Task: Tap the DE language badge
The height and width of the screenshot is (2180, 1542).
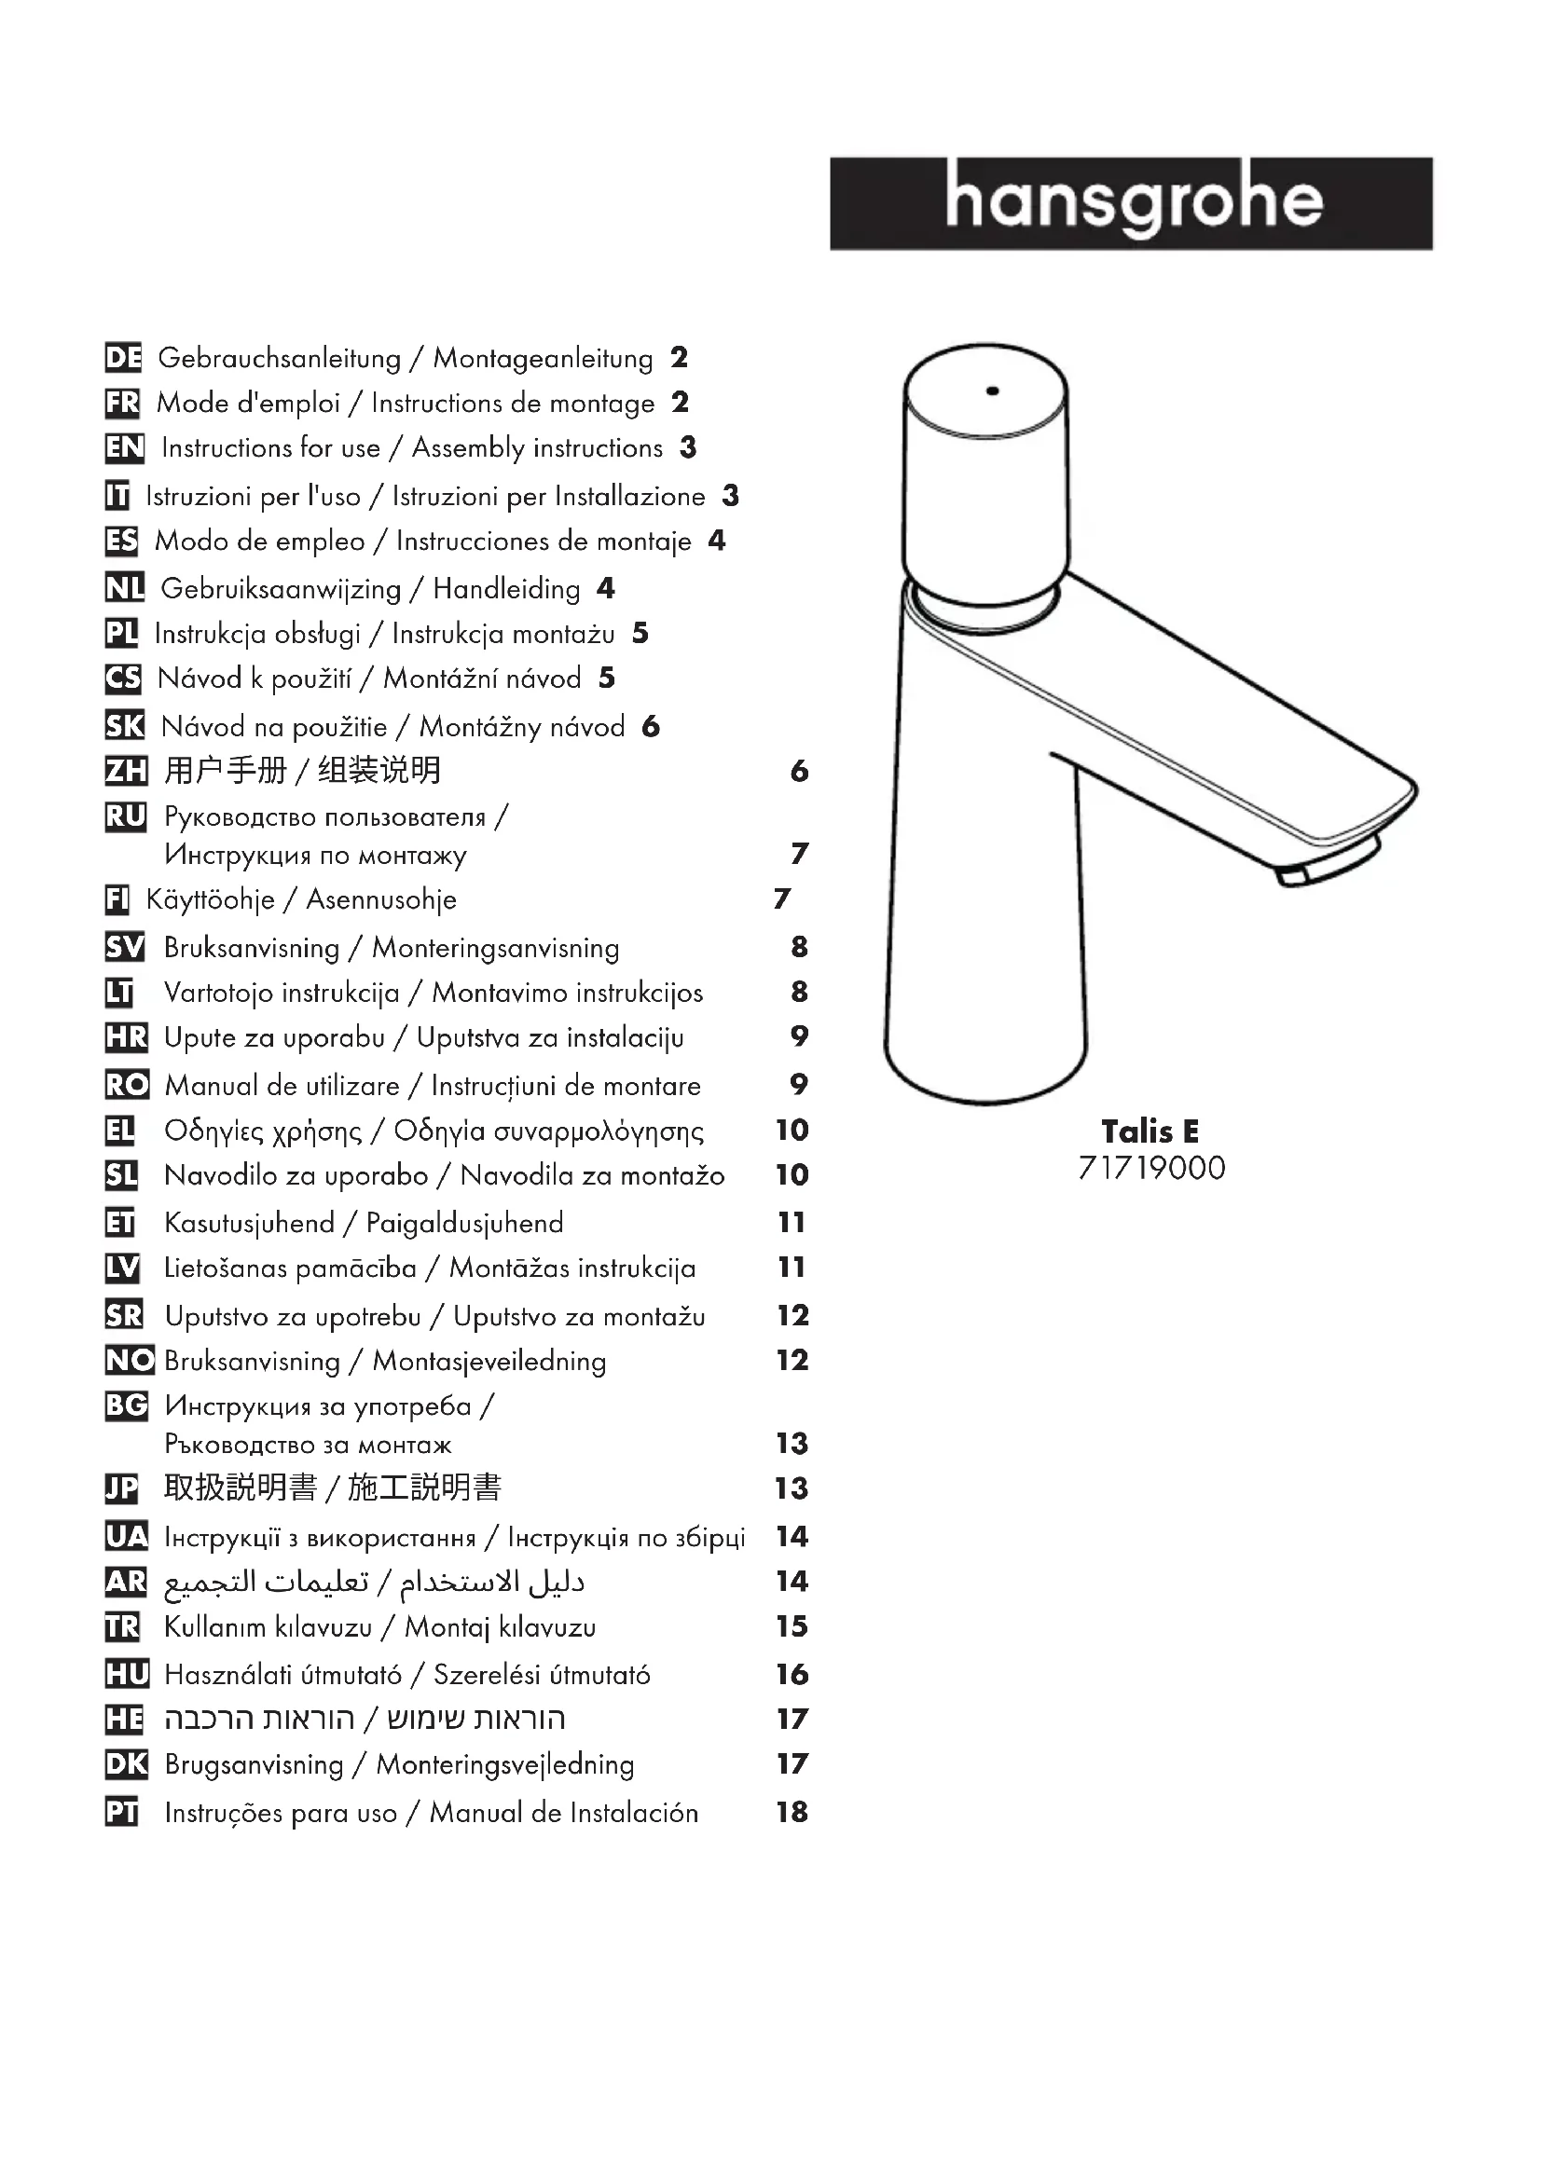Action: pos(122,358)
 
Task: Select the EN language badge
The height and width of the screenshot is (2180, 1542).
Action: pos(123,447)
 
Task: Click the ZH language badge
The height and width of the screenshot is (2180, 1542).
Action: pos(125,770)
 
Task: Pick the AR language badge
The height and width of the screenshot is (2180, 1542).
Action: pos(125,1581)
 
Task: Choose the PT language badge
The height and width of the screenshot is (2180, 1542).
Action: pos(121,1813)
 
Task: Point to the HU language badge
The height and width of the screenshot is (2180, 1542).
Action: pos(126,1674)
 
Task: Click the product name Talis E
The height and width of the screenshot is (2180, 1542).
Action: pos(1150,1131)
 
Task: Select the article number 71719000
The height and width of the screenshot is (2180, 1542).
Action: pos(1150,1168)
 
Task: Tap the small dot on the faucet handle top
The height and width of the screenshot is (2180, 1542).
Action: pos(992,391)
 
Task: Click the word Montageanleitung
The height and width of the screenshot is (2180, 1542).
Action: pos(544,359)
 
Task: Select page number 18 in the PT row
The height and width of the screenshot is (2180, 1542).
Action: pos(792,1812)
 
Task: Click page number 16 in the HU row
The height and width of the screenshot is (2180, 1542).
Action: pos(792,1674)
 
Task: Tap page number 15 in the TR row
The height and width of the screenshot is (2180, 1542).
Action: pos(792,1626)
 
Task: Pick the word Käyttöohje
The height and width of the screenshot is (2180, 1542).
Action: pos(210,900)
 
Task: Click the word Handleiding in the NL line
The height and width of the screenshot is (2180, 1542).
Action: pos(506,590)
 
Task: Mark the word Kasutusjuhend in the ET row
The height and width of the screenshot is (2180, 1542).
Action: pos(249,1223)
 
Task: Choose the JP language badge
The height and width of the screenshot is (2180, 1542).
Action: pos(121,1488)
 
